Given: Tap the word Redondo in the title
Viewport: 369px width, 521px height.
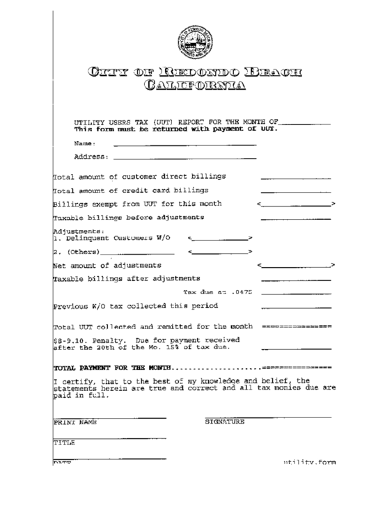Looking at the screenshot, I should (x=198, y=71).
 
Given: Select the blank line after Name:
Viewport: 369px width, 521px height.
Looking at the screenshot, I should (x=184, y=144).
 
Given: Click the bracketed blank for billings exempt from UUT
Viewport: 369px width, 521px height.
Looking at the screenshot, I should (x=296, y=205).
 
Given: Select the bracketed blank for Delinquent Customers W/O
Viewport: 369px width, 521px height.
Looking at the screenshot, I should (x=219, y=239).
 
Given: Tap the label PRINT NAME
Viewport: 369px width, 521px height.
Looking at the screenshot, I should (x=74, y=422).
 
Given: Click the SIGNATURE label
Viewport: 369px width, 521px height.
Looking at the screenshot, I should (x=224, y=422).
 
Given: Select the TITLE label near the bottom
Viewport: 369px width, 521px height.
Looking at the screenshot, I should (x=65, y=442).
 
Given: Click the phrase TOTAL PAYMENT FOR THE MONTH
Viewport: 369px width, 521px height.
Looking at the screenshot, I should (x=111, y=367).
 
